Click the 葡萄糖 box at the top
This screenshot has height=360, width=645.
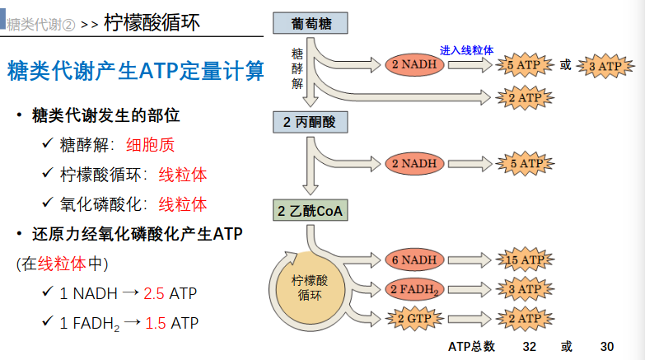pyautogui.click(x=311, y=24)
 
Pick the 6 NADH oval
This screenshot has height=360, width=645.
pyautogui.click(x=414, y=260)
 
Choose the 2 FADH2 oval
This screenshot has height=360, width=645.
pyautogui.click(x=414, y=289)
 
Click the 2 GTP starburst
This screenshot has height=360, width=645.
pyautogui.click(x=414, y=318)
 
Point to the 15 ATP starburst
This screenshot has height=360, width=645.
pyautogui.click(x=525, y=260)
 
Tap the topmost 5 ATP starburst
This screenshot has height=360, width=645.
pyautogui.click(x=525, y=65)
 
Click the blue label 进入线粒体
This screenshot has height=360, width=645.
pyautogui.click(x=467, y=50)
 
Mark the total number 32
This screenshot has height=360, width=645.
pyautogui.click(x=529, y=346)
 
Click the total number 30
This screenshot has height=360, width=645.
pyautogui.click(x=608, y=346)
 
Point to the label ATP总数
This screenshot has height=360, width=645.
pyautogui.click(x=472, y=346)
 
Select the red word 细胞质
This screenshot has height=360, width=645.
pyautogui.click(x=150, y=145)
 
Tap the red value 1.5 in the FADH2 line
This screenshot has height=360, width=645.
pyautogui.click(x=156, y=322)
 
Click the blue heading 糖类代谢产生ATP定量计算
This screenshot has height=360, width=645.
pyautogui.click(x=136, y=72)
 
